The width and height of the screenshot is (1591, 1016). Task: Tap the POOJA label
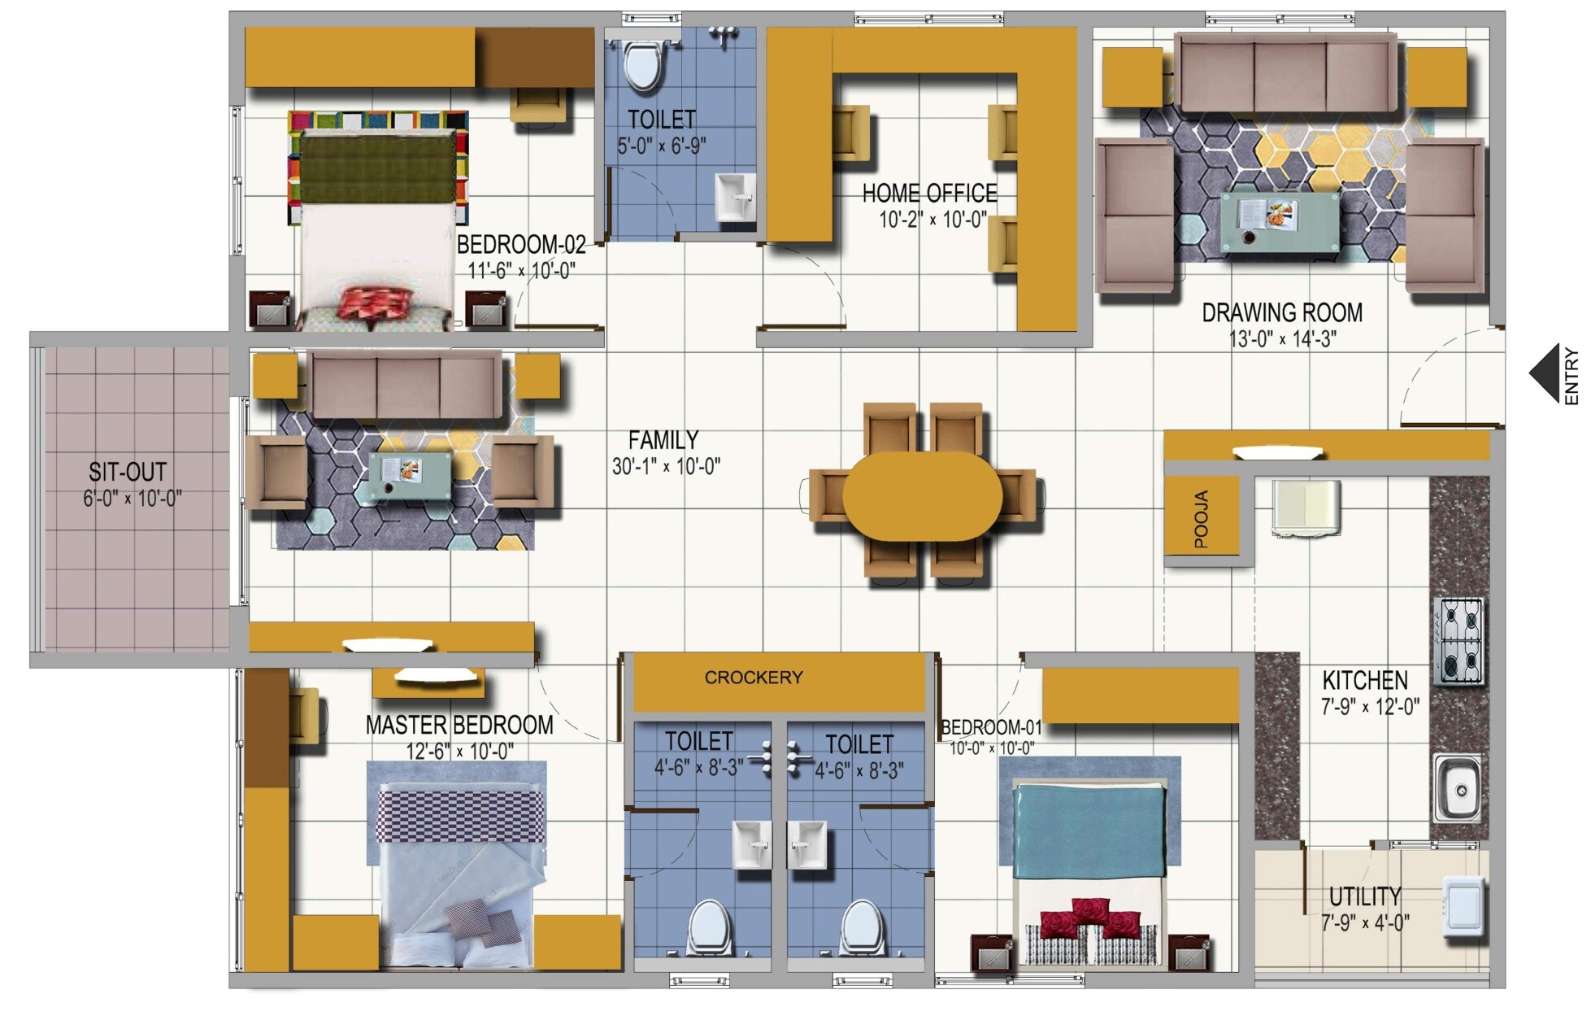pos(1201,518)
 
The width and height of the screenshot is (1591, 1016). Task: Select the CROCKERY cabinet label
pos(753,678)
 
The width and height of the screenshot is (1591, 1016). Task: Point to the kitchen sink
pos(1457,788)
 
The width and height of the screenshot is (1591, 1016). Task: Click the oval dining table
pos(922,496)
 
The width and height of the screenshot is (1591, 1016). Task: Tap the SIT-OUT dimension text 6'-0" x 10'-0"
pos(132,499)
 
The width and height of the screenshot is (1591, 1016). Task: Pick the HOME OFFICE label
pos(929,194)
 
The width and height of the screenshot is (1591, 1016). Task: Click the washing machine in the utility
pos(1464,905)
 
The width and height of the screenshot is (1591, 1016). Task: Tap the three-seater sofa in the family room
pos(406,385)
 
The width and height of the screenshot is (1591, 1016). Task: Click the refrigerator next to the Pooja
pos(1306,508)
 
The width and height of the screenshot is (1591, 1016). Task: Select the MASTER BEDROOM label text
pos(459,725)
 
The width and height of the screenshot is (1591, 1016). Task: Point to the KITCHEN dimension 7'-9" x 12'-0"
pos(1370,706)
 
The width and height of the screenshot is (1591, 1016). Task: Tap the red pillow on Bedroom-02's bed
pos(375,303)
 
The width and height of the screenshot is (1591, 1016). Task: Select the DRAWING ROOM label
pos(1282,313)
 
